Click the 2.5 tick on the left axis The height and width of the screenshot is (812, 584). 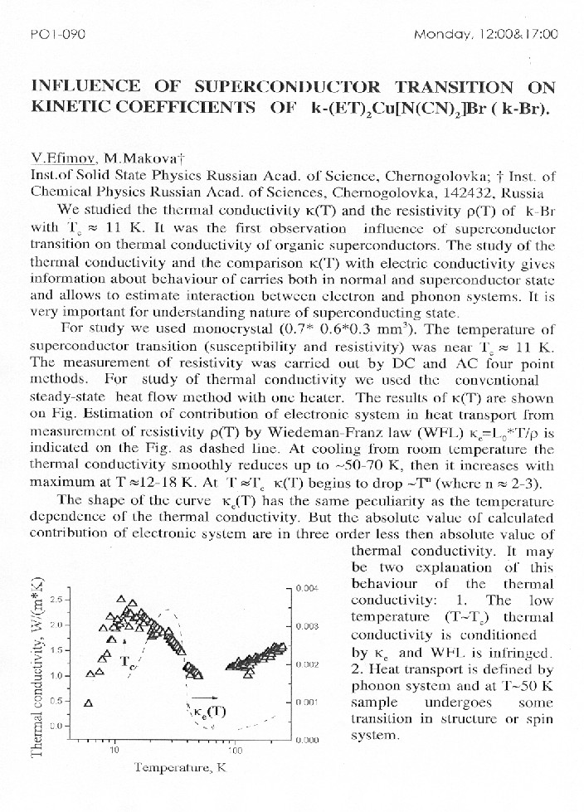[x=58, y=599]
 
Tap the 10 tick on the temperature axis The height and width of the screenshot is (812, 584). [x=115, y=751]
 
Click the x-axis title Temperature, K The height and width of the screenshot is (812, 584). [x=180, y=769]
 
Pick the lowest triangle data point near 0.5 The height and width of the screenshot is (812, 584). [x=87, y=702]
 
